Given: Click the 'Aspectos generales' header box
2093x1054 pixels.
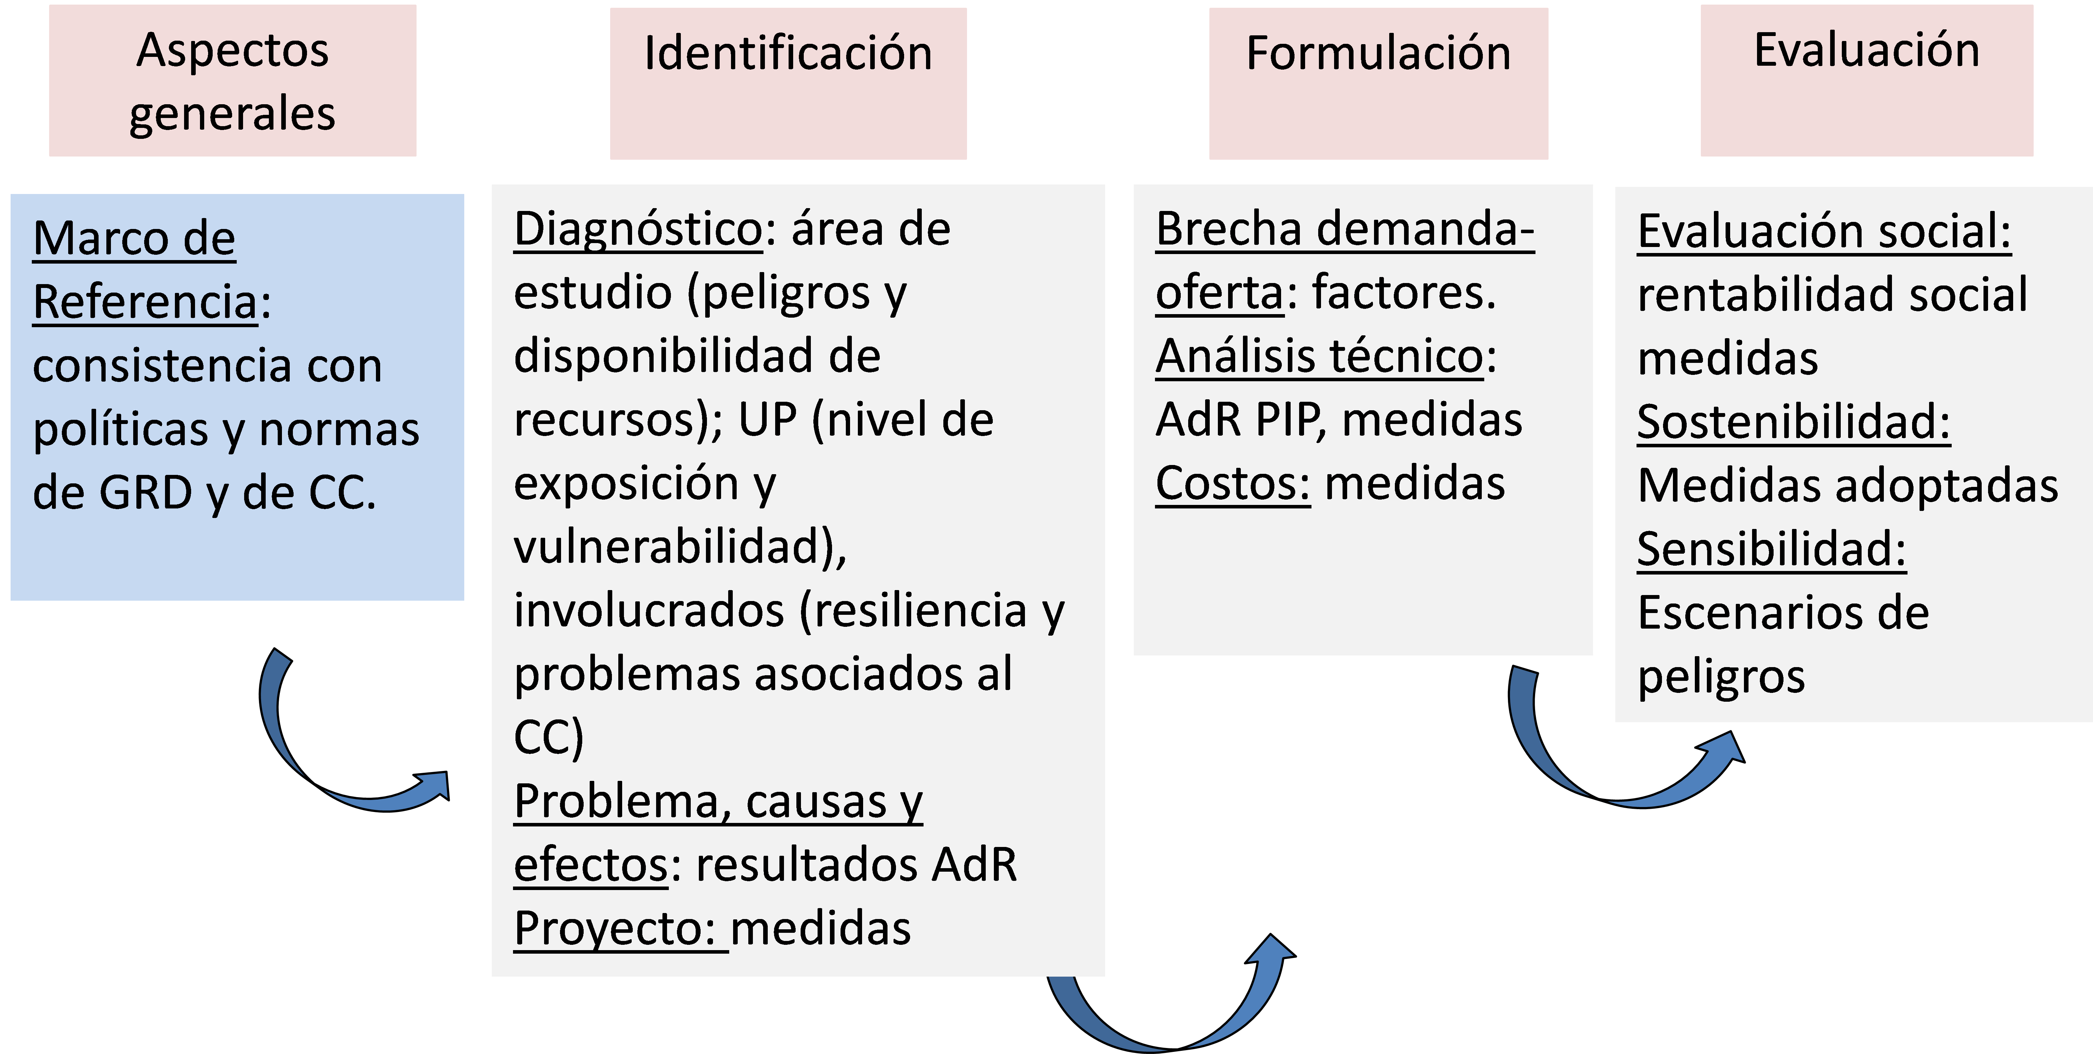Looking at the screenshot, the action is pyautogui.click(x=232, y=81).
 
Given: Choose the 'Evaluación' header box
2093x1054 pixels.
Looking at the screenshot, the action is pyautogui.click(x=1867, y=81).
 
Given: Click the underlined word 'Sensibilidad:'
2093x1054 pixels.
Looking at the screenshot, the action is pyautogui.click(x=1771, y=549).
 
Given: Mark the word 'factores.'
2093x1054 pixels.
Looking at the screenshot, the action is pyautogui.click(x=1404, y=293).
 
